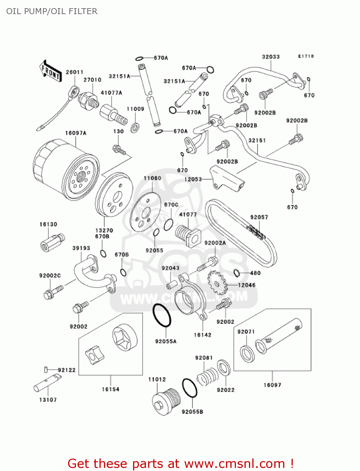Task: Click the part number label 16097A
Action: [76, 133]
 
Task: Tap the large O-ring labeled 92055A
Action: [162, 316]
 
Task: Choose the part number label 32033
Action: [271, 57]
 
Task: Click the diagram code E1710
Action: [306, 56]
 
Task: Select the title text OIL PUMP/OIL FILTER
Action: [52, 11]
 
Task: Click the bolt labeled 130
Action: [119, 150]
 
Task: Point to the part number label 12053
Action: [193, 179]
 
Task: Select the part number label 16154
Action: [110, 389]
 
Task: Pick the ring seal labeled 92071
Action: [247, 354]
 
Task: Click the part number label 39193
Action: [81, 248]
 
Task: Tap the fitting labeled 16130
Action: [52, 242]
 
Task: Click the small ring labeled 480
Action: [237, 273]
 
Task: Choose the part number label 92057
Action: [259, 217]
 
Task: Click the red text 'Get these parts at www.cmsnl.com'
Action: [180, 463]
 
